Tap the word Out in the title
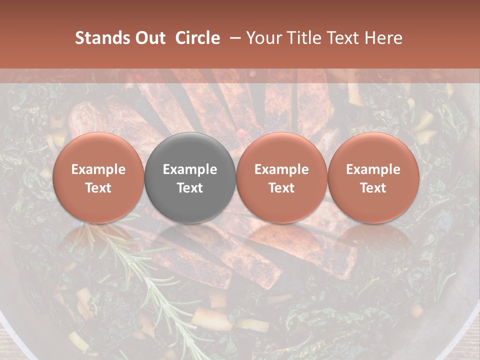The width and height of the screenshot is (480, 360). (148, 38)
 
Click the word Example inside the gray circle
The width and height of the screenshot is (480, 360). (190, 169)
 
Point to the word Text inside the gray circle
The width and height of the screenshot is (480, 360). (190, 188)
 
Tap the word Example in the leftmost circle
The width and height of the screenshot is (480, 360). (98, 169)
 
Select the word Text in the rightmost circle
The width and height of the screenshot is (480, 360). (373, 188)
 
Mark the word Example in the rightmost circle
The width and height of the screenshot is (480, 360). (373, 169)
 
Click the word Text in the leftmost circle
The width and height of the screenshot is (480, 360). (98, 188)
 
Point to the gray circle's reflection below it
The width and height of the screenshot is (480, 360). (190, 240)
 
